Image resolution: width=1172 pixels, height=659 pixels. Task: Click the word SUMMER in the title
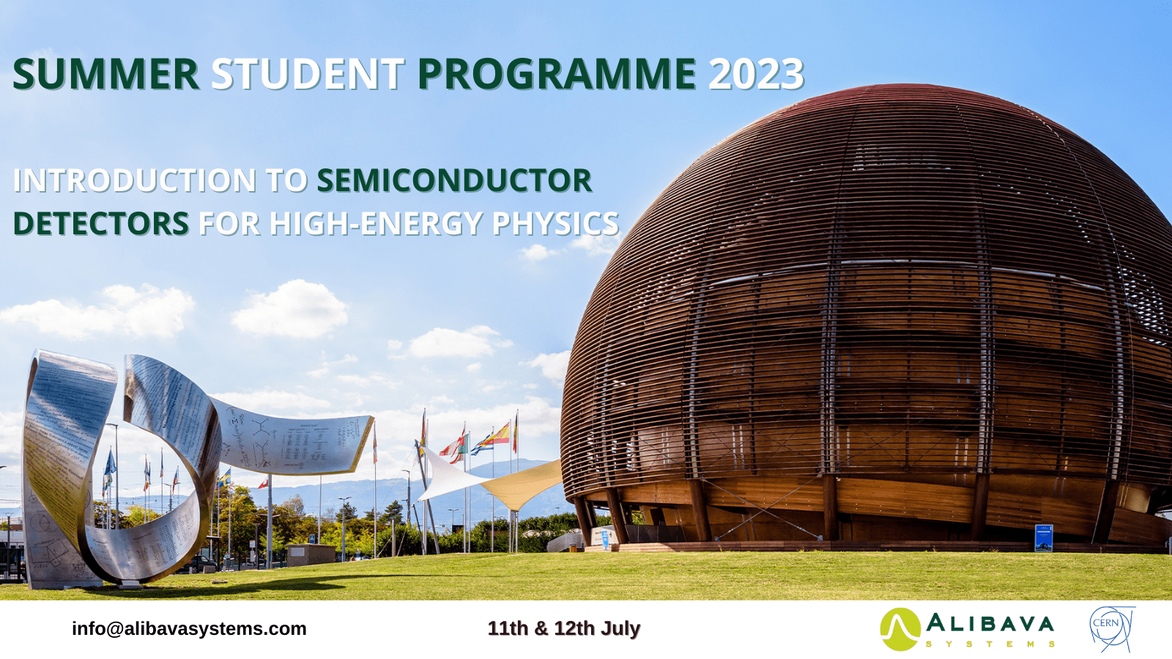tap(105, 74)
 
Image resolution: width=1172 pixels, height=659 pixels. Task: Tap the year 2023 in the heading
tap(756, 74)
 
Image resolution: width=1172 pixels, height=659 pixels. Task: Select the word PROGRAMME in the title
tap(557, 74)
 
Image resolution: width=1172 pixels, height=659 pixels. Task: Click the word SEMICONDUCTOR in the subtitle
tap(454, 180)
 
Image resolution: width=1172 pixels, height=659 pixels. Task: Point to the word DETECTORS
tap(101, 223)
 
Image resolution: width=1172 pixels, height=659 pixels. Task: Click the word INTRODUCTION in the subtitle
tap(135, 180)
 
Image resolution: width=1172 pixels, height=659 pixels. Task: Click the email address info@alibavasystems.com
tap(189, 629)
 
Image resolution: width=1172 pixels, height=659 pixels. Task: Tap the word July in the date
tap(620, 629)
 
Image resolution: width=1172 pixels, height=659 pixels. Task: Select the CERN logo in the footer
tap(1111, 629)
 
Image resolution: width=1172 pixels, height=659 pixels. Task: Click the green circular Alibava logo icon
tap(900, 629)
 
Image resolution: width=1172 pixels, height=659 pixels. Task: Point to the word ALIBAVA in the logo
tap(990, 624)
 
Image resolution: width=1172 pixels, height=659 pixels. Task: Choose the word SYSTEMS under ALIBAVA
tap(990, 644)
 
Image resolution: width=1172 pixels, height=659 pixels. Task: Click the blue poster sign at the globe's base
tap(1043, 537)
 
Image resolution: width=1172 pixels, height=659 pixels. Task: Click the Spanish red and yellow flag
tap(500, 434)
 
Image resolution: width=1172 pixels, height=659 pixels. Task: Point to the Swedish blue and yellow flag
tap(224, 477)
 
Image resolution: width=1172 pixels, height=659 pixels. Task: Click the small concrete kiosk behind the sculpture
tap(311, 555)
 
